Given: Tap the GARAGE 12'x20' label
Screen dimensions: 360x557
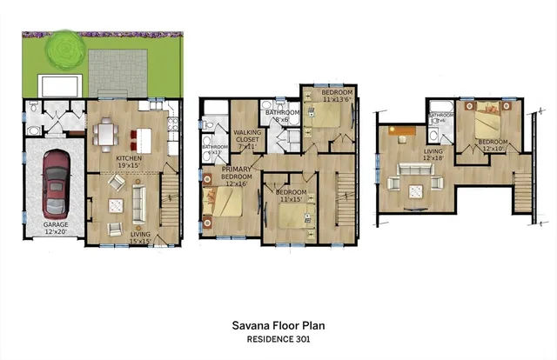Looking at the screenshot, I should coord(57,228).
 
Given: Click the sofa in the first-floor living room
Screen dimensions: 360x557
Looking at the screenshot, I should coord(137,205).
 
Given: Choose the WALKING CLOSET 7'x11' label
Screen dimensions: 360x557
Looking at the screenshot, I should coord(245,139).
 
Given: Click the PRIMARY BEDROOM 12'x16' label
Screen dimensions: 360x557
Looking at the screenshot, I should coord(236,177).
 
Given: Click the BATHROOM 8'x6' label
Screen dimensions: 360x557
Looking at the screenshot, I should coord(283,117).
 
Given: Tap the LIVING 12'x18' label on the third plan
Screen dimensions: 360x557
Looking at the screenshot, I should coord(433,154).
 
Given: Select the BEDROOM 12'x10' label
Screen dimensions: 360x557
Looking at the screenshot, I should coord(492,144).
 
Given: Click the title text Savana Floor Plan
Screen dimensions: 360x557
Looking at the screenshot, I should coord(278,326).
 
